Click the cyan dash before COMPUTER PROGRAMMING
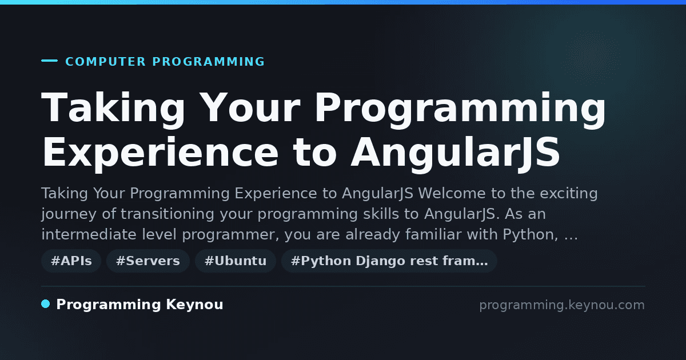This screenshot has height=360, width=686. [49, 61]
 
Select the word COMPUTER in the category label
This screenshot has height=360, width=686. [105, 62]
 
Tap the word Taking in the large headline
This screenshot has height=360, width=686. [113, 109]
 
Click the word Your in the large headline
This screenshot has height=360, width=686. [250, 107]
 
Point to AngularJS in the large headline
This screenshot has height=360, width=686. [456, 153]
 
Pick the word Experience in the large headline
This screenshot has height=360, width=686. [159, 153]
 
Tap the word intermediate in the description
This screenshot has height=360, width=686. [89, 234]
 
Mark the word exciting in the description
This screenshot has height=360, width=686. [568, 194]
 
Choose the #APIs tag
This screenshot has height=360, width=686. [71, 261]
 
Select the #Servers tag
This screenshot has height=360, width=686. [148, 261]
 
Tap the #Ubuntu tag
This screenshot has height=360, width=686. [236, 261]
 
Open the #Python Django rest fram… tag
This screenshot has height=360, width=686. [389, 261]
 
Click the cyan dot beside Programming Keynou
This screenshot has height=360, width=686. [46, 304]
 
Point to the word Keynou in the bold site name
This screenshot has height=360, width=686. [194, 305]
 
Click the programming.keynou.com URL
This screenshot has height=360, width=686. [562, 305]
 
